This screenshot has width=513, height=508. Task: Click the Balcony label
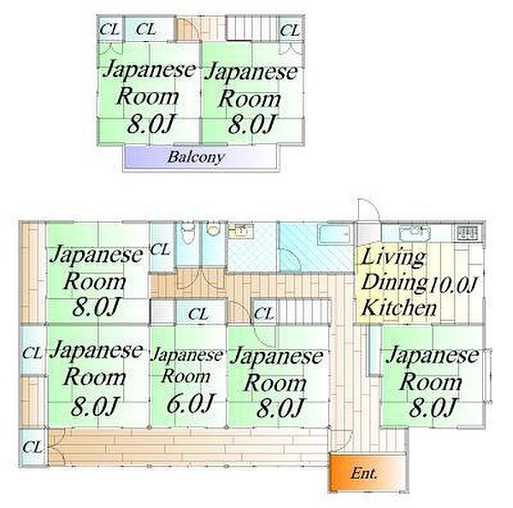point(196,157)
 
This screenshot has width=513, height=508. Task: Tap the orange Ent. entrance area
point(368,472)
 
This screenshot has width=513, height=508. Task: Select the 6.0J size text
point(190,403)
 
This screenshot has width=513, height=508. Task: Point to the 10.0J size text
point(453,284)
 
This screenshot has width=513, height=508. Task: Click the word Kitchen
point(399,307)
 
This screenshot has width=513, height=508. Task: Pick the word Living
point(393,258)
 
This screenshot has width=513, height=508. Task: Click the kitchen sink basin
point(415,231)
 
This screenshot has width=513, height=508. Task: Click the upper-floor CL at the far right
point(290,31)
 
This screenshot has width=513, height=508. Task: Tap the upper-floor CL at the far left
point(109,30)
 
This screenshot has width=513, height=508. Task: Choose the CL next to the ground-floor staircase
point(263,314)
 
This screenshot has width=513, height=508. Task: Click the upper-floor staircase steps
point(252,28)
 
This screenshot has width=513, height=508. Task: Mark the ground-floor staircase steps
point(304,312)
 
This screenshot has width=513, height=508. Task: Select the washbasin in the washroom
point(240,231)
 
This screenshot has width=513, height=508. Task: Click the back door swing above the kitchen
point(369,210)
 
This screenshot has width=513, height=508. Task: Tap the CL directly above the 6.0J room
point(198,314)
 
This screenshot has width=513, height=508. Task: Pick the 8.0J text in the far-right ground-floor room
point(433,407)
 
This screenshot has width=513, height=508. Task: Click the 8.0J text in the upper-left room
point(149,124)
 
